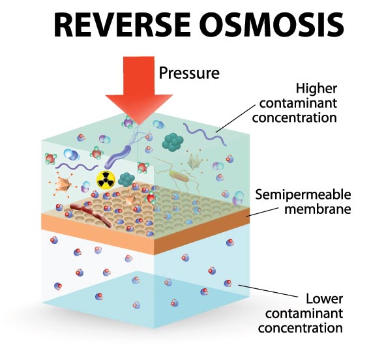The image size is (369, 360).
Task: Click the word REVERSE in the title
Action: pyautogui.click(x=122, y=24)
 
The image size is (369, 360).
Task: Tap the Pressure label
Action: pyautogui.click(x=189, y=73)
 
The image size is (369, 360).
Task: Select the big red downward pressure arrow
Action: pyautogui.click(x=139, y=89)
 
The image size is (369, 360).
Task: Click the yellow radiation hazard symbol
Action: pyautogui.click(x=106, y=179)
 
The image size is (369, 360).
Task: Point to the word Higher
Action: pyautogui.click(x=316, y=89)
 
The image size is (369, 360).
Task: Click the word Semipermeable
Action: pyautogui.click(x=303, y=195)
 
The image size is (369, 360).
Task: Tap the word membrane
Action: pyautogui.click(x=317, y=209)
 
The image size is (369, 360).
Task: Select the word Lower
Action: pyautogui.click(x=324, y=299)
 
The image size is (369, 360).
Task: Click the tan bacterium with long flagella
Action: pyautogui.click(x=180, y=176)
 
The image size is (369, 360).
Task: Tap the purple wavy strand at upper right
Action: pyautogui.click(x=204, y=134)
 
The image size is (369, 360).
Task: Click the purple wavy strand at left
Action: pyautogui.click(x=76, y=166)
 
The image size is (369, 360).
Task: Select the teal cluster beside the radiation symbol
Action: pyautogui.click(x=126, y=179)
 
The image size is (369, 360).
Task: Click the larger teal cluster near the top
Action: pyautogui.click(x=173, y=142)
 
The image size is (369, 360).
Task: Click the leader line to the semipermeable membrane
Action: pyautogui.click(x=262, y=212)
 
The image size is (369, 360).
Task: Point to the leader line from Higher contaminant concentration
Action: pyautogui.click(x=235, y=119)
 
